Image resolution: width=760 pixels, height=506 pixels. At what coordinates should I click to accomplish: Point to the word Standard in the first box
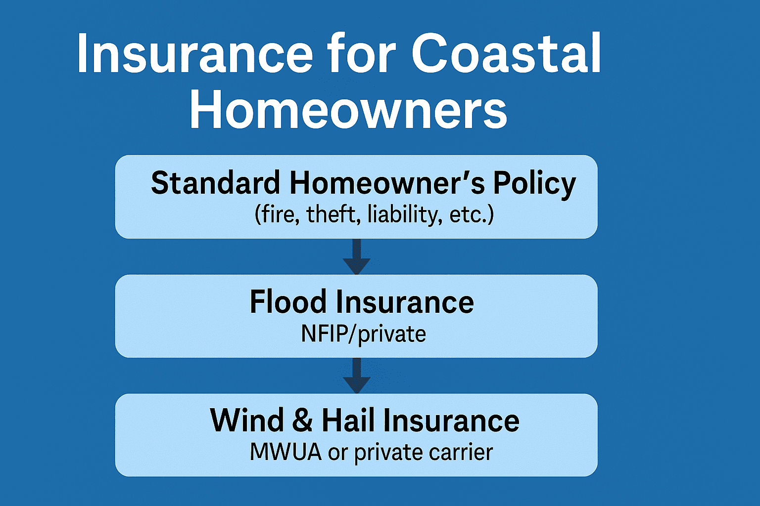tap(215, 183)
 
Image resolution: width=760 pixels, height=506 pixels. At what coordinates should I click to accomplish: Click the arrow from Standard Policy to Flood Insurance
tap(356, 257)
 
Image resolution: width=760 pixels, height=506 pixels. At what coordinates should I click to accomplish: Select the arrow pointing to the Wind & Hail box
tap(356, 376)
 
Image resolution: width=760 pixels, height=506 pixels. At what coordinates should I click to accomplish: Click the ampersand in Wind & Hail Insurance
tap(302, 421)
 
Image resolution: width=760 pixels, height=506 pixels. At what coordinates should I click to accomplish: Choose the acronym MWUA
tap(285, 452)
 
